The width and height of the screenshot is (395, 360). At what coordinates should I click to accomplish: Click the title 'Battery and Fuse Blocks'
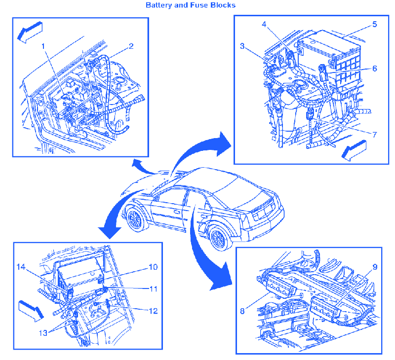point(191,5)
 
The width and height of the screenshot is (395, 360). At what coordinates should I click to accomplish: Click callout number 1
point(43,46)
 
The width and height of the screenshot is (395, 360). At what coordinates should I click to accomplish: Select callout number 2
point(131,46)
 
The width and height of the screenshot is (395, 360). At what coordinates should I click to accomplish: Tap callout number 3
point(242,46)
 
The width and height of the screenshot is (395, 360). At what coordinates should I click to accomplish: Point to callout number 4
point(264,24)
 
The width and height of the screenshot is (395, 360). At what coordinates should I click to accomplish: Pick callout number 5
point(375,24)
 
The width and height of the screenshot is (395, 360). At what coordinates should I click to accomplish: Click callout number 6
point(375,69)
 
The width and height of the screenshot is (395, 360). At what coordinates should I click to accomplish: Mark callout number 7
point(375,135)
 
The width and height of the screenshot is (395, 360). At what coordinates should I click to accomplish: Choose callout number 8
point(242,311)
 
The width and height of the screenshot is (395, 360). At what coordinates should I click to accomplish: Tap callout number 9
point(375,267)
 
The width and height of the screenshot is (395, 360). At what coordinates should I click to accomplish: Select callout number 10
point(154,267)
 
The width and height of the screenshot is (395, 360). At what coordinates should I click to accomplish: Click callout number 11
point(154,289)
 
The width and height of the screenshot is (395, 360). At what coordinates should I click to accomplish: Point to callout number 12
point(154,311)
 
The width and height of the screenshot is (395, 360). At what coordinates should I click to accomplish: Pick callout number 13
point(43,333)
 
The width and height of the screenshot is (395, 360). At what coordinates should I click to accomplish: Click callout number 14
point(21,267)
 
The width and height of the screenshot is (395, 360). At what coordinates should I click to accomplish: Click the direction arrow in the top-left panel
point(30,32)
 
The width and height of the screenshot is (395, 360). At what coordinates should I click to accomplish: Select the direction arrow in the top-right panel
point(354,151)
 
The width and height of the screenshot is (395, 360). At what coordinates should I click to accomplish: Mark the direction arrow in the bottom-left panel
point(31,311)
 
